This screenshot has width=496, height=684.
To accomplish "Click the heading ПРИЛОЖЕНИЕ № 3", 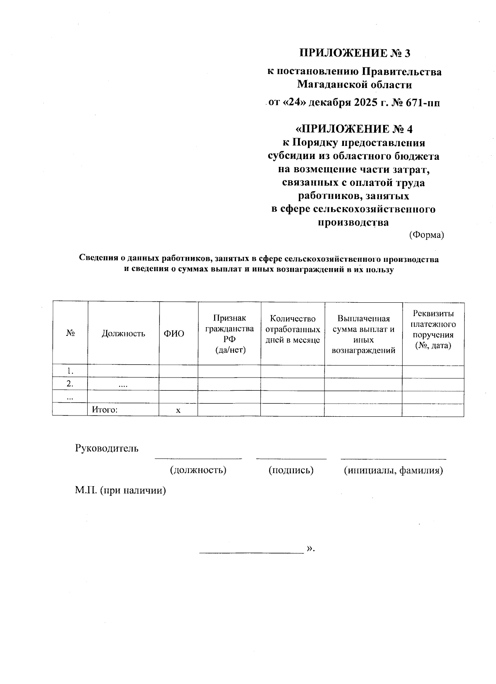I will (x=355, y=53).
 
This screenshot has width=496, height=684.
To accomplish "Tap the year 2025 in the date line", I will (x=361, y=102).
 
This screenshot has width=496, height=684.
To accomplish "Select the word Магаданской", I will (x=327, y=85).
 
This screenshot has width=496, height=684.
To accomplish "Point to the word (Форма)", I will (x=426, y=235).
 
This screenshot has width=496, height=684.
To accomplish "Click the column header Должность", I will (x=123, y=333).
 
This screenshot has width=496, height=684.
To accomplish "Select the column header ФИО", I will (x=174, y=333).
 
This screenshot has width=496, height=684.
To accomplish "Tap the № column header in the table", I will (x=70, y=333).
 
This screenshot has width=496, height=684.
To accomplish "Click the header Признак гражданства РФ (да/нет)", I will (x=229, y=334).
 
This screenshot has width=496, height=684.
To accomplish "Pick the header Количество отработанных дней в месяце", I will (x=293, y=329).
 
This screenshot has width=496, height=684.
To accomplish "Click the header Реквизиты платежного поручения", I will (x=433, y=329).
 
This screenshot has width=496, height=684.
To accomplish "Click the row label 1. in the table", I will (x=70, y=370).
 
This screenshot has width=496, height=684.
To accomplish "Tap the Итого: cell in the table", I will (x=105, y=410).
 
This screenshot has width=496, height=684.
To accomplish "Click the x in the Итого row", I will (x=178, y=410).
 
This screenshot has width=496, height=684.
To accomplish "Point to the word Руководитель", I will (x=107, y=448).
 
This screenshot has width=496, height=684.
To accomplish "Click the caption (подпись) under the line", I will (x=291, y=470).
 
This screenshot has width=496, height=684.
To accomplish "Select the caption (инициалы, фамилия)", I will (x=393, y=470).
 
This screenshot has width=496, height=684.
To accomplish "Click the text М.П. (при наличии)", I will (x=120, y=490).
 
